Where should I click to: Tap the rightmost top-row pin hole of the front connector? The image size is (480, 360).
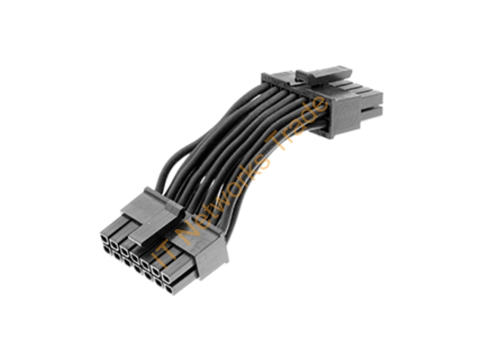167,278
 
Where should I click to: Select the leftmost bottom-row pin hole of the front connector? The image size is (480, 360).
107,250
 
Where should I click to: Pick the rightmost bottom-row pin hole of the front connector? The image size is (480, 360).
169,289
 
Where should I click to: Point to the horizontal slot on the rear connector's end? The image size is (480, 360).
371,108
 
